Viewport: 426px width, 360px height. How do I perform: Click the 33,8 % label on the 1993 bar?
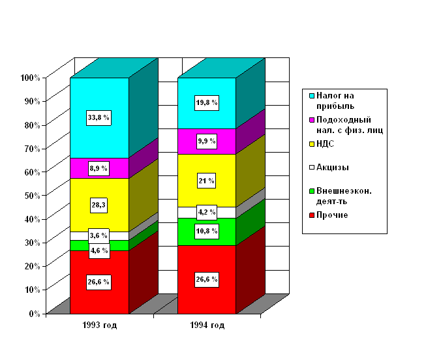click(99, 117)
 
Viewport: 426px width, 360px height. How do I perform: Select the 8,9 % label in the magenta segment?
click(99, 168)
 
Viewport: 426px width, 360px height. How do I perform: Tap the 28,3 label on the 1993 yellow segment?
click(99, 205)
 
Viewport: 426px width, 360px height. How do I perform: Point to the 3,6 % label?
click(99, 236)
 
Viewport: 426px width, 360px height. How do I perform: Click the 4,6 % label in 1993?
click(99, 250)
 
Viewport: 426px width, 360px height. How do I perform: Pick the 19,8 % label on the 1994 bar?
click(207, 103)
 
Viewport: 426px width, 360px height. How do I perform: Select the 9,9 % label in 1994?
click(207, 141)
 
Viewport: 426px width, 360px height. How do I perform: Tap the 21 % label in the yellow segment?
click(207, 181)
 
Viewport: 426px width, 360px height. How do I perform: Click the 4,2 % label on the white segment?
click(207, 212)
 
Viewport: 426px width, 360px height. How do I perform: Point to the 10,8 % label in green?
click(207, 232)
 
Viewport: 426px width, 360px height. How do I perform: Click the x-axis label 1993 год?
click(100, 325)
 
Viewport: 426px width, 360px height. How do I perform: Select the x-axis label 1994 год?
click(207, 325)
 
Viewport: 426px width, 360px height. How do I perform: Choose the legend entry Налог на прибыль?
click(335, 100)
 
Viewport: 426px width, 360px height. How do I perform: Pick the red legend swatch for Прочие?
click(312, 215)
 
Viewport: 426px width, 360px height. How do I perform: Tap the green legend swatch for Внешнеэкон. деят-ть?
click(312, 191)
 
